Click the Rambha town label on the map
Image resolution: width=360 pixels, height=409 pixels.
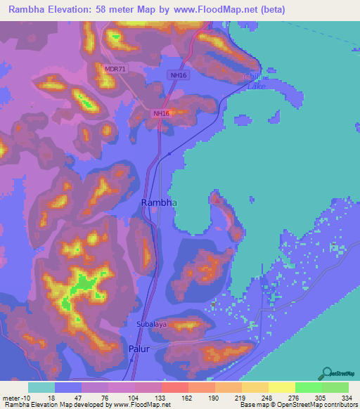pos(159,202)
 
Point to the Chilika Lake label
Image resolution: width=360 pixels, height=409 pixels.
pos(253,82)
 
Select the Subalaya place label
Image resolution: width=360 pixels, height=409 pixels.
pos(151,325)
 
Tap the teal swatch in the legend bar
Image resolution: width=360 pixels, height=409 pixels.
pos(41,388)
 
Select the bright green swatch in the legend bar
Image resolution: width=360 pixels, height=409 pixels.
pos(308,388)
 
